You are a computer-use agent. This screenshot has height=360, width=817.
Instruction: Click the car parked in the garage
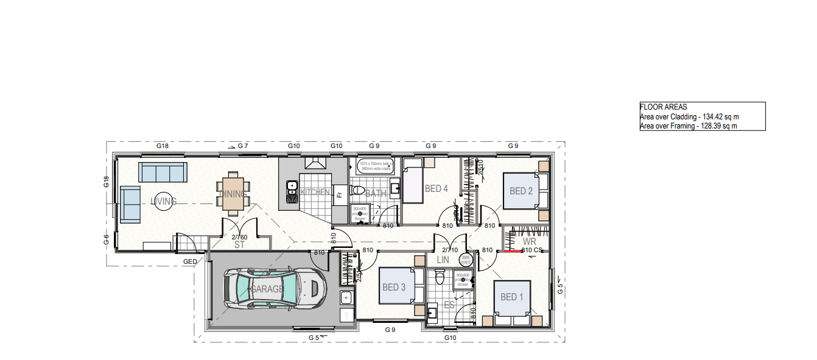click(273, 289)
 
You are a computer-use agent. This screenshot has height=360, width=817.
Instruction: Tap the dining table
click(234, 194)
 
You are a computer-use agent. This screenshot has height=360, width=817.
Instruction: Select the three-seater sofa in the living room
click(163, 172)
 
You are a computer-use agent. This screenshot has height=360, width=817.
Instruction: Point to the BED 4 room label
click(436, 189)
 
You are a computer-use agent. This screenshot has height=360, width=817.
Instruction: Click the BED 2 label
click(521, 191)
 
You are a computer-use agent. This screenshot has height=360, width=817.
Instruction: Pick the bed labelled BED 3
click(394, 287)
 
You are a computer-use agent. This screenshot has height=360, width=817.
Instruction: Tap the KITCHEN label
click(315, 192)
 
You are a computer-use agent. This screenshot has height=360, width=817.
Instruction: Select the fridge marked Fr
click(340, 194)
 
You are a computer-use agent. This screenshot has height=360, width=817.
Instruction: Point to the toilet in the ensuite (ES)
click(441, 278)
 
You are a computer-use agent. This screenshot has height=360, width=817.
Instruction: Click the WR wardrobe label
click(530, 242)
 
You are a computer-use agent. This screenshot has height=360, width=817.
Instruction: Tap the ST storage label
click(240, 245)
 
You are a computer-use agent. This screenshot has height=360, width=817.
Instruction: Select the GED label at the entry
click(190, 261)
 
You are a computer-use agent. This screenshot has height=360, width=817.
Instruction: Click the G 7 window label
click(243, 146)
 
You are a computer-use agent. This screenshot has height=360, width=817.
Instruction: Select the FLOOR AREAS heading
click(663, 107)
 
